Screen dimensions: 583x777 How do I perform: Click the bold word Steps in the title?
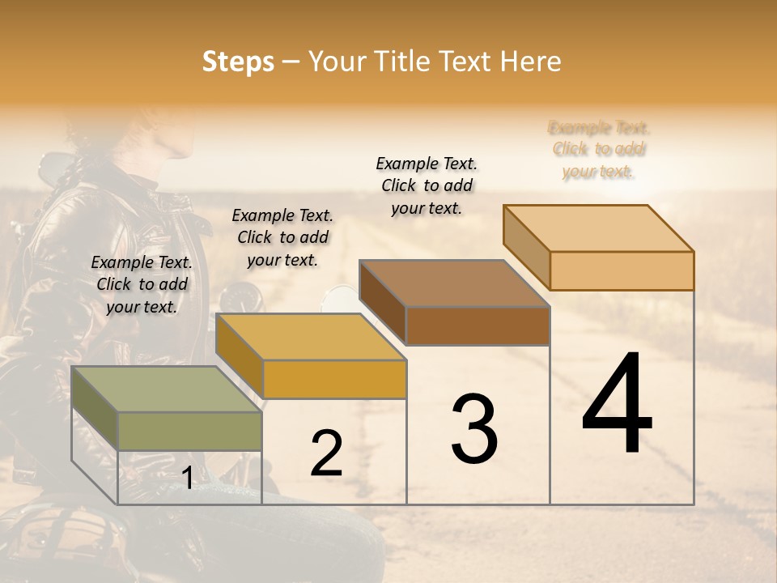pyautogui.click(x=238, y=62)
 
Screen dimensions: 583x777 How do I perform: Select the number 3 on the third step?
pyautogui.click(x=474, y=428)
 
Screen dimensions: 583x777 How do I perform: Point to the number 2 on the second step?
pyautogui.click(x=326, y=453)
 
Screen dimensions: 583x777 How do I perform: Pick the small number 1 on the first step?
pyautogui.click(x=187, y=478)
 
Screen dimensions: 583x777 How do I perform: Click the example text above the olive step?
pyautogui.click(x=142, y=284)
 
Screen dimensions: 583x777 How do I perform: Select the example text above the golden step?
pyautogui.click(x=282, y=237)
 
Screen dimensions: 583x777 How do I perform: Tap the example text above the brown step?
pyautogui.click(x=427, y=185)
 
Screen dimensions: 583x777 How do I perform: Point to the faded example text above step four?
pyautogui.click(x=599, y=149)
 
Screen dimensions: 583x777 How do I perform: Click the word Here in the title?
pyautogui.click(x=530, y=62)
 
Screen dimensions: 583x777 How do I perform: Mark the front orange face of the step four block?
pyautogui.click(x=622, y=270)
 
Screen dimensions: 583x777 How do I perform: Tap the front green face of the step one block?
pyautogui.click(x=189, y=431)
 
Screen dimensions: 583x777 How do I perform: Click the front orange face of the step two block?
pyautogui.click(x=334, y=379)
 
